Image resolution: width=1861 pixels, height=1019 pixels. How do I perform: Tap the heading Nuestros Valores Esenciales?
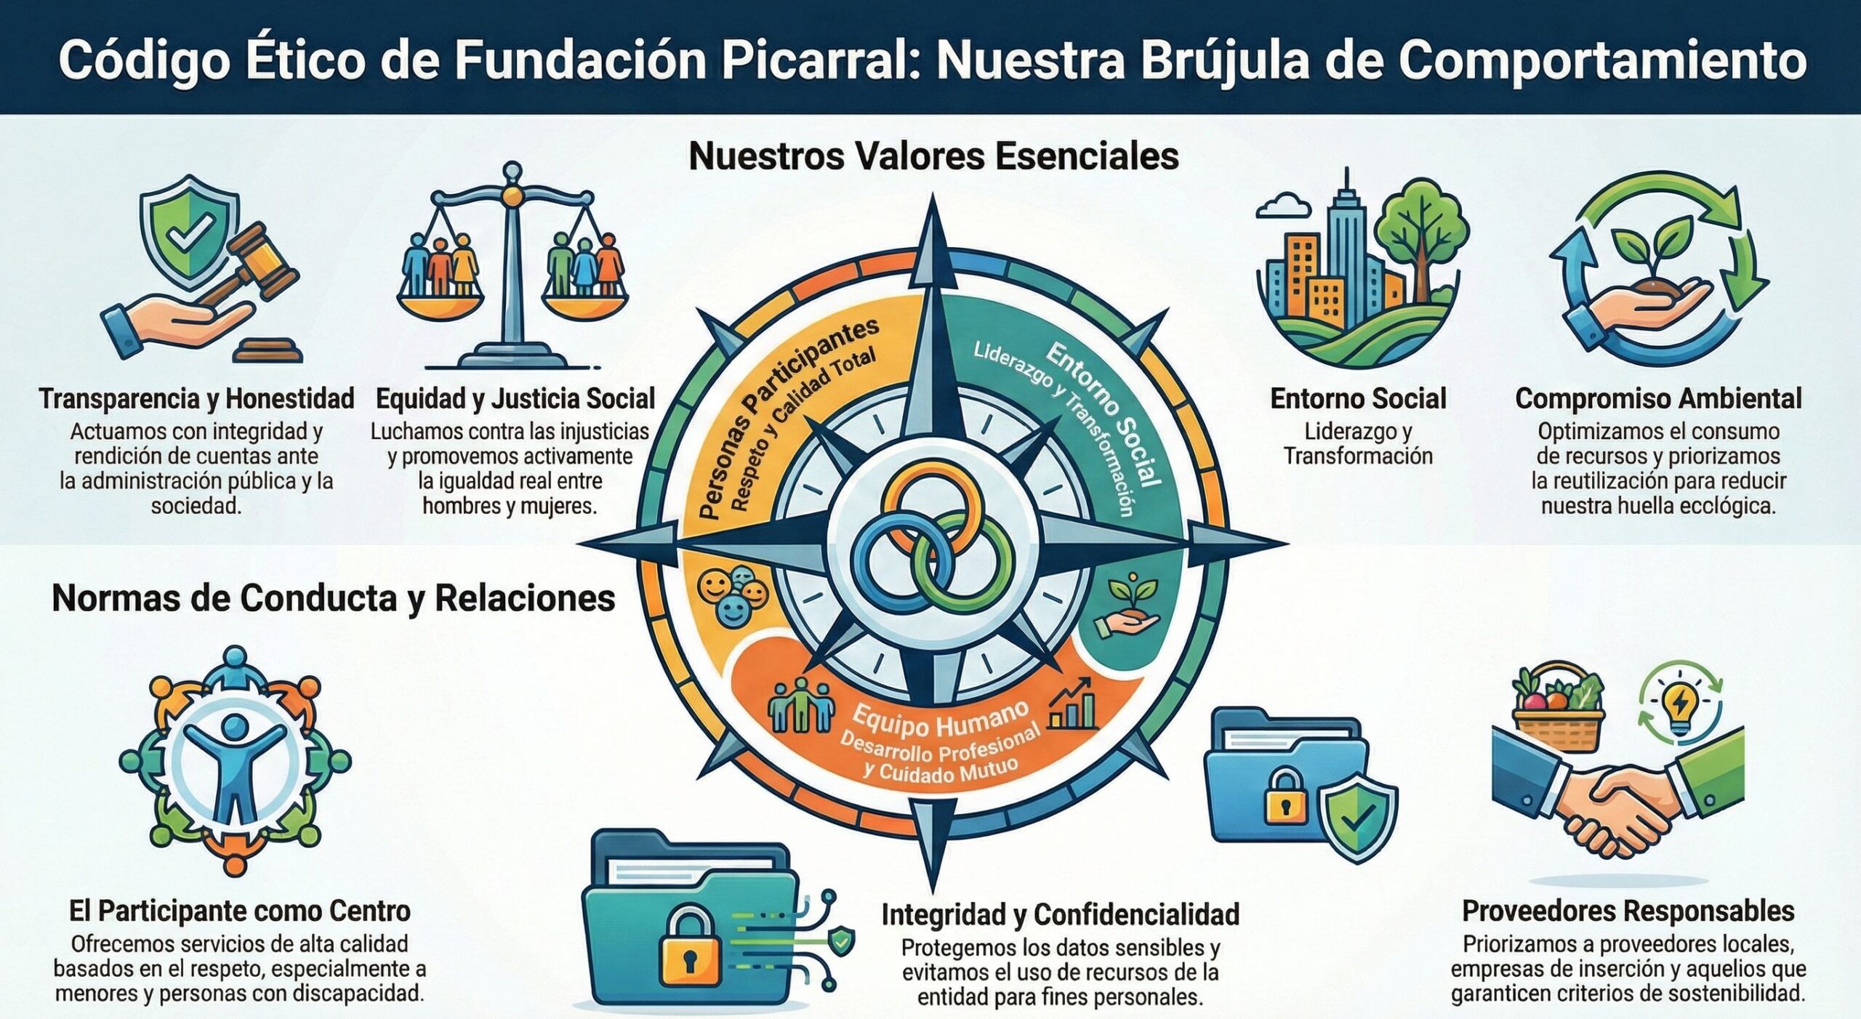933,156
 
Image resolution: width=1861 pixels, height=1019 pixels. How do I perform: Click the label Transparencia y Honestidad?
196,398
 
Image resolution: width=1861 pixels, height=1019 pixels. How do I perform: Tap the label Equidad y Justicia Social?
515,398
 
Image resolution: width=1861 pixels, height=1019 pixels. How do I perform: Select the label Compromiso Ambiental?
1658,398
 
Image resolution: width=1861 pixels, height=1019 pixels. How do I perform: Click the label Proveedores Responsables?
1627,911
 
